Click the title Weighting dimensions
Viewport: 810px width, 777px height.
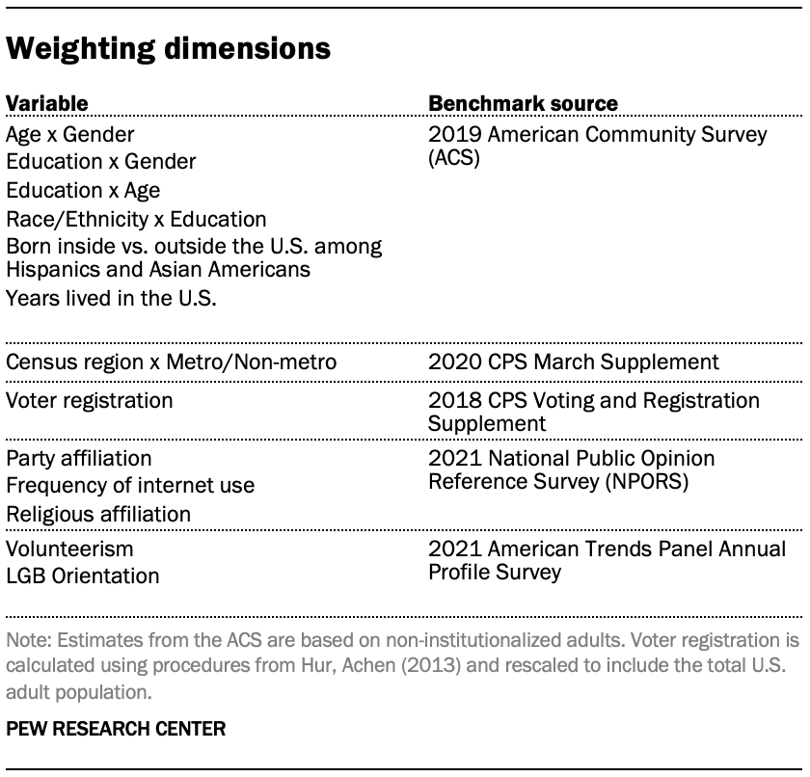pyautogui.click(x=169, y=49)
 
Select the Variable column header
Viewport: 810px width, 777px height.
pyautogui.click(x=46, y=103)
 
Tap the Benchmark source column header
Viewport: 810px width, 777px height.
pyautogui.click(x=523, y=103)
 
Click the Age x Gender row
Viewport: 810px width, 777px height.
pyautogui.click(x=69, y=134)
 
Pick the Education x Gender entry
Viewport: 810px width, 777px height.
pyautogui.click(x=100, y=162)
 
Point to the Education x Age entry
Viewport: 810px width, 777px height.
pyautogui.click(x=83, y=191)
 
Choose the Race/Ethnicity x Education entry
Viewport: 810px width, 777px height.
pyautogui.click(x=136, y=220)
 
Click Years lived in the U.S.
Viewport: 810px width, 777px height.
pyautogui.click(x=111, y=299)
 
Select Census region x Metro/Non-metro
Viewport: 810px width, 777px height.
pyautogui.click(x=171, y=363)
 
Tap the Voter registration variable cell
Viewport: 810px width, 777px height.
pyautogui.click(x=90, y=400)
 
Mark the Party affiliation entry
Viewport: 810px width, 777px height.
pyautogui.click(x=78, y=457)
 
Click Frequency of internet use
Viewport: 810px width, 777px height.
pyautogui.click(x=130, y=486)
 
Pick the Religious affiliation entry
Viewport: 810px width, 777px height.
pyautogui.click(x=98, y=515)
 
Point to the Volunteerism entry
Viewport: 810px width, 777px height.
pyautogui.click(x=69, y=549)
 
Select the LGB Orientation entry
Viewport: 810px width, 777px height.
pyautogui.click(x=82, y=576)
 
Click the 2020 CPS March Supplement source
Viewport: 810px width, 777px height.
pyautogui.click(x=574, y=363)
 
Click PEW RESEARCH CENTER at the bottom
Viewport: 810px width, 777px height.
pyautogui.click(x=116, y=729)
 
